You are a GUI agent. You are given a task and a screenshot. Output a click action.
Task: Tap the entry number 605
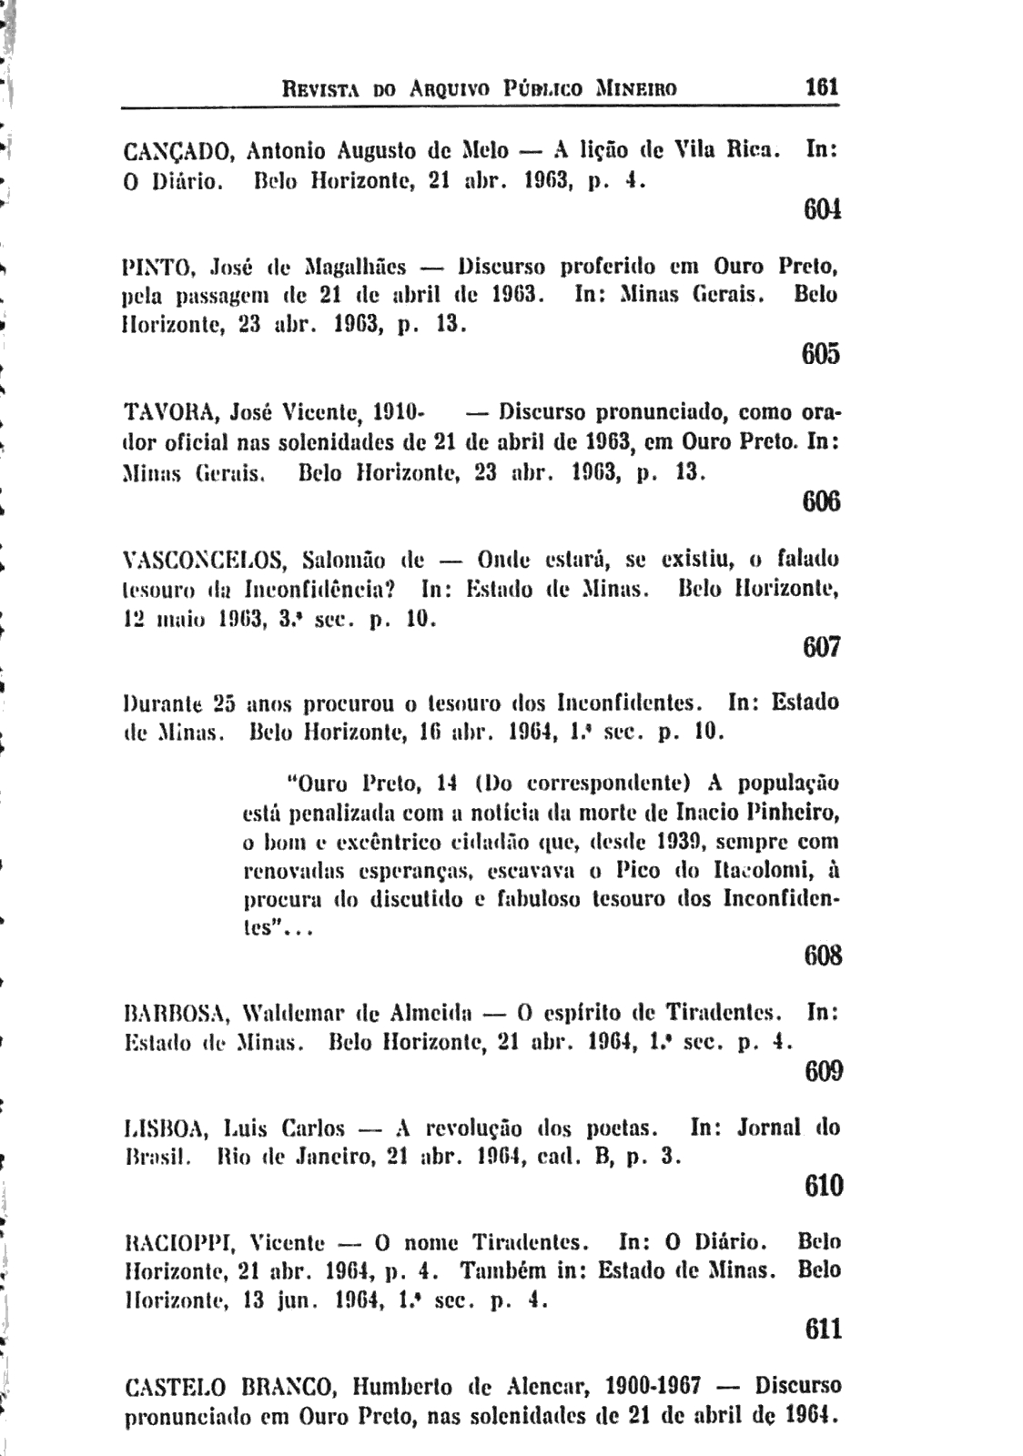821,355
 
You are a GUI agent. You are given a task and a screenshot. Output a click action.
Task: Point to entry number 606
821,501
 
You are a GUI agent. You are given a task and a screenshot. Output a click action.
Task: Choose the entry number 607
821,648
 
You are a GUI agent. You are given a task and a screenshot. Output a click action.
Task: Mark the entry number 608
822,955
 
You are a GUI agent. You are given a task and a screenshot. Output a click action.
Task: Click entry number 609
823,1071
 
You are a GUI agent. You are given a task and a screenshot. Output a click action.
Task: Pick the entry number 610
823,1186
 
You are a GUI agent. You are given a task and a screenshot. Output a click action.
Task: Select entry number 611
823,1330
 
